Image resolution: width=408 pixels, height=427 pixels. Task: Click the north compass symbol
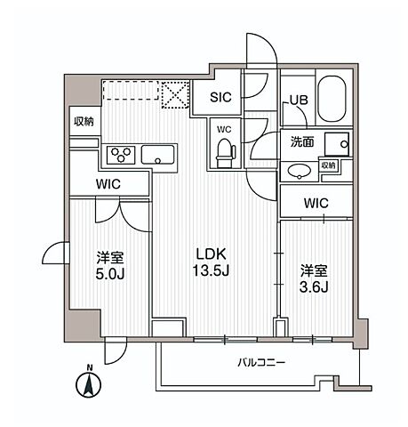click(x=87, y=384)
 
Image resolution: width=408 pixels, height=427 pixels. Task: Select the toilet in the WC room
click(x=224, y=154)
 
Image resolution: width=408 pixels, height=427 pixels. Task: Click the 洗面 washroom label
click(x=300, y=141)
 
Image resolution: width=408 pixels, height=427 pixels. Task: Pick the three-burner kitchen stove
click(x=120, y=155)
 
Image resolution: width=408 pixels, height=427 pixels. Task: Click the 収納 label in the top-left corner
click(x=84, y=122)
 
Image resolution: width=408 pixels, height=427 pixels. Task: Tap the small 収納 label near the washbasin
click(x=329, y=165)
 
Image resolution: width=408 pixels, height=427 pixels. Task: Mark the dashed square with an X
click(x=173, y=93)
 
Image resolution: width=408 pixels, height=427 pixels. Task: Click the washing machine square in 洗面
click(x=337, y=145)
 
